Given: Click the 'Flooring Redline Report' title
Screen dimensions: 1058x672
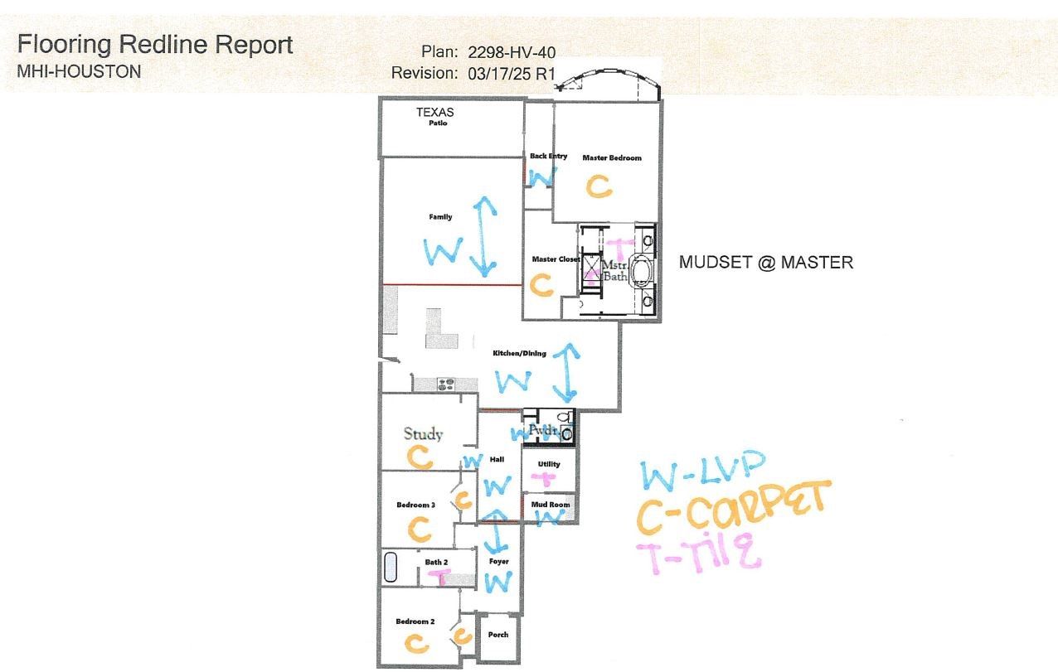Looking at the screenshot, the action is (x=155, y=45).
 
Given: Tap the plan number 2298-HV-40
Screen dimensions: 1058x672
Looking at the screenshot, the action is (x=512, y=52).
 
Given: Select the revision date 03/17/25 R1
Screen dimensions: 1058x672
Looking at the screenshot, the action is (x=511, y=74).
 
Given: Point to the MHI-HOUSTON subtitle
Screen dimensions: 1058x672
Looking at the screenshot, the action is (x=79, y=72).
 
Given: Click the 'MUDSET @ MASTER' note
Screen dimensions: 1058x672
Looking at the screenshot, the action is (x=766, y=263).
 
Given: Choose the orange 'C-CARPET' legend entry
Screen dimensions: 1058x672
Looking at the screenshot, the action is (x=733, y=508).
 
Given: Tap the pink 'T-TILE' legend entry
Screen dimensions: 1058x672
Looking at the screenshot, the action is (x=698, y=552).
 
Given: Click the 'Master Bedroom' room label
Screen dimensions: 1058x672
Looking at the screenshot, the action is (x=612, y=158).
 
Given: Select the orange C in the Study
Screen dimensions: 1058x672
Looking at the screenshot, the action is (x=420, y=457).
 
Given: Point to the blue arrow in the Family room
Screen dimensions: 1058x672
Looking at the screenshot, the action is (x=483, y=236).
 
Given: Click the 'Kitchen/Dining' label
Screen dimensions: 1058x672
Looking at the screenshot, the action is (x=519, y=354).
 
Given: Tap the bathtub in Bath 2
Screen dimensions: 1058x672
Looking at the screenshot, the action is (x=391, y=567).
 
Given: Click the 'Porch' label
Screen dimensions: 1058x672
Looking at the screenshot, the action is (x=498, y=635).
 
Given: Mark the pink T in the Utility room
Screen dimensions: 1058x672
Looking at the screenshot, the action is (x=544, y=479).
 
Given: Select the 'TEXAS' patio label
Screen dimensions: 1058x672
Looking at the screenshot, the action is (x=435, y=113).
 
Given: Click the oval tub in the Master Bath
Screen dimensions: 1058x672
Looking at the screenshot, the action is (x=641, y=271).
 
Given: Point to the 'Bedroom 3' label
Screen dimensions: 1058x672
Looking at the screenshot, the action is (x=415, y=505).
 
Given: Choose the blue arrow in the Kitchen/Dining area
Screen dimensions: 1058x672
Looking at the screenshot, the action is (x=566, y=373).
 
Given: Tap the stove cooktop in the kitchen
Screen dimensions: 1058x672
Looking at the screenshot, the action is (x=445, y=384).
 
